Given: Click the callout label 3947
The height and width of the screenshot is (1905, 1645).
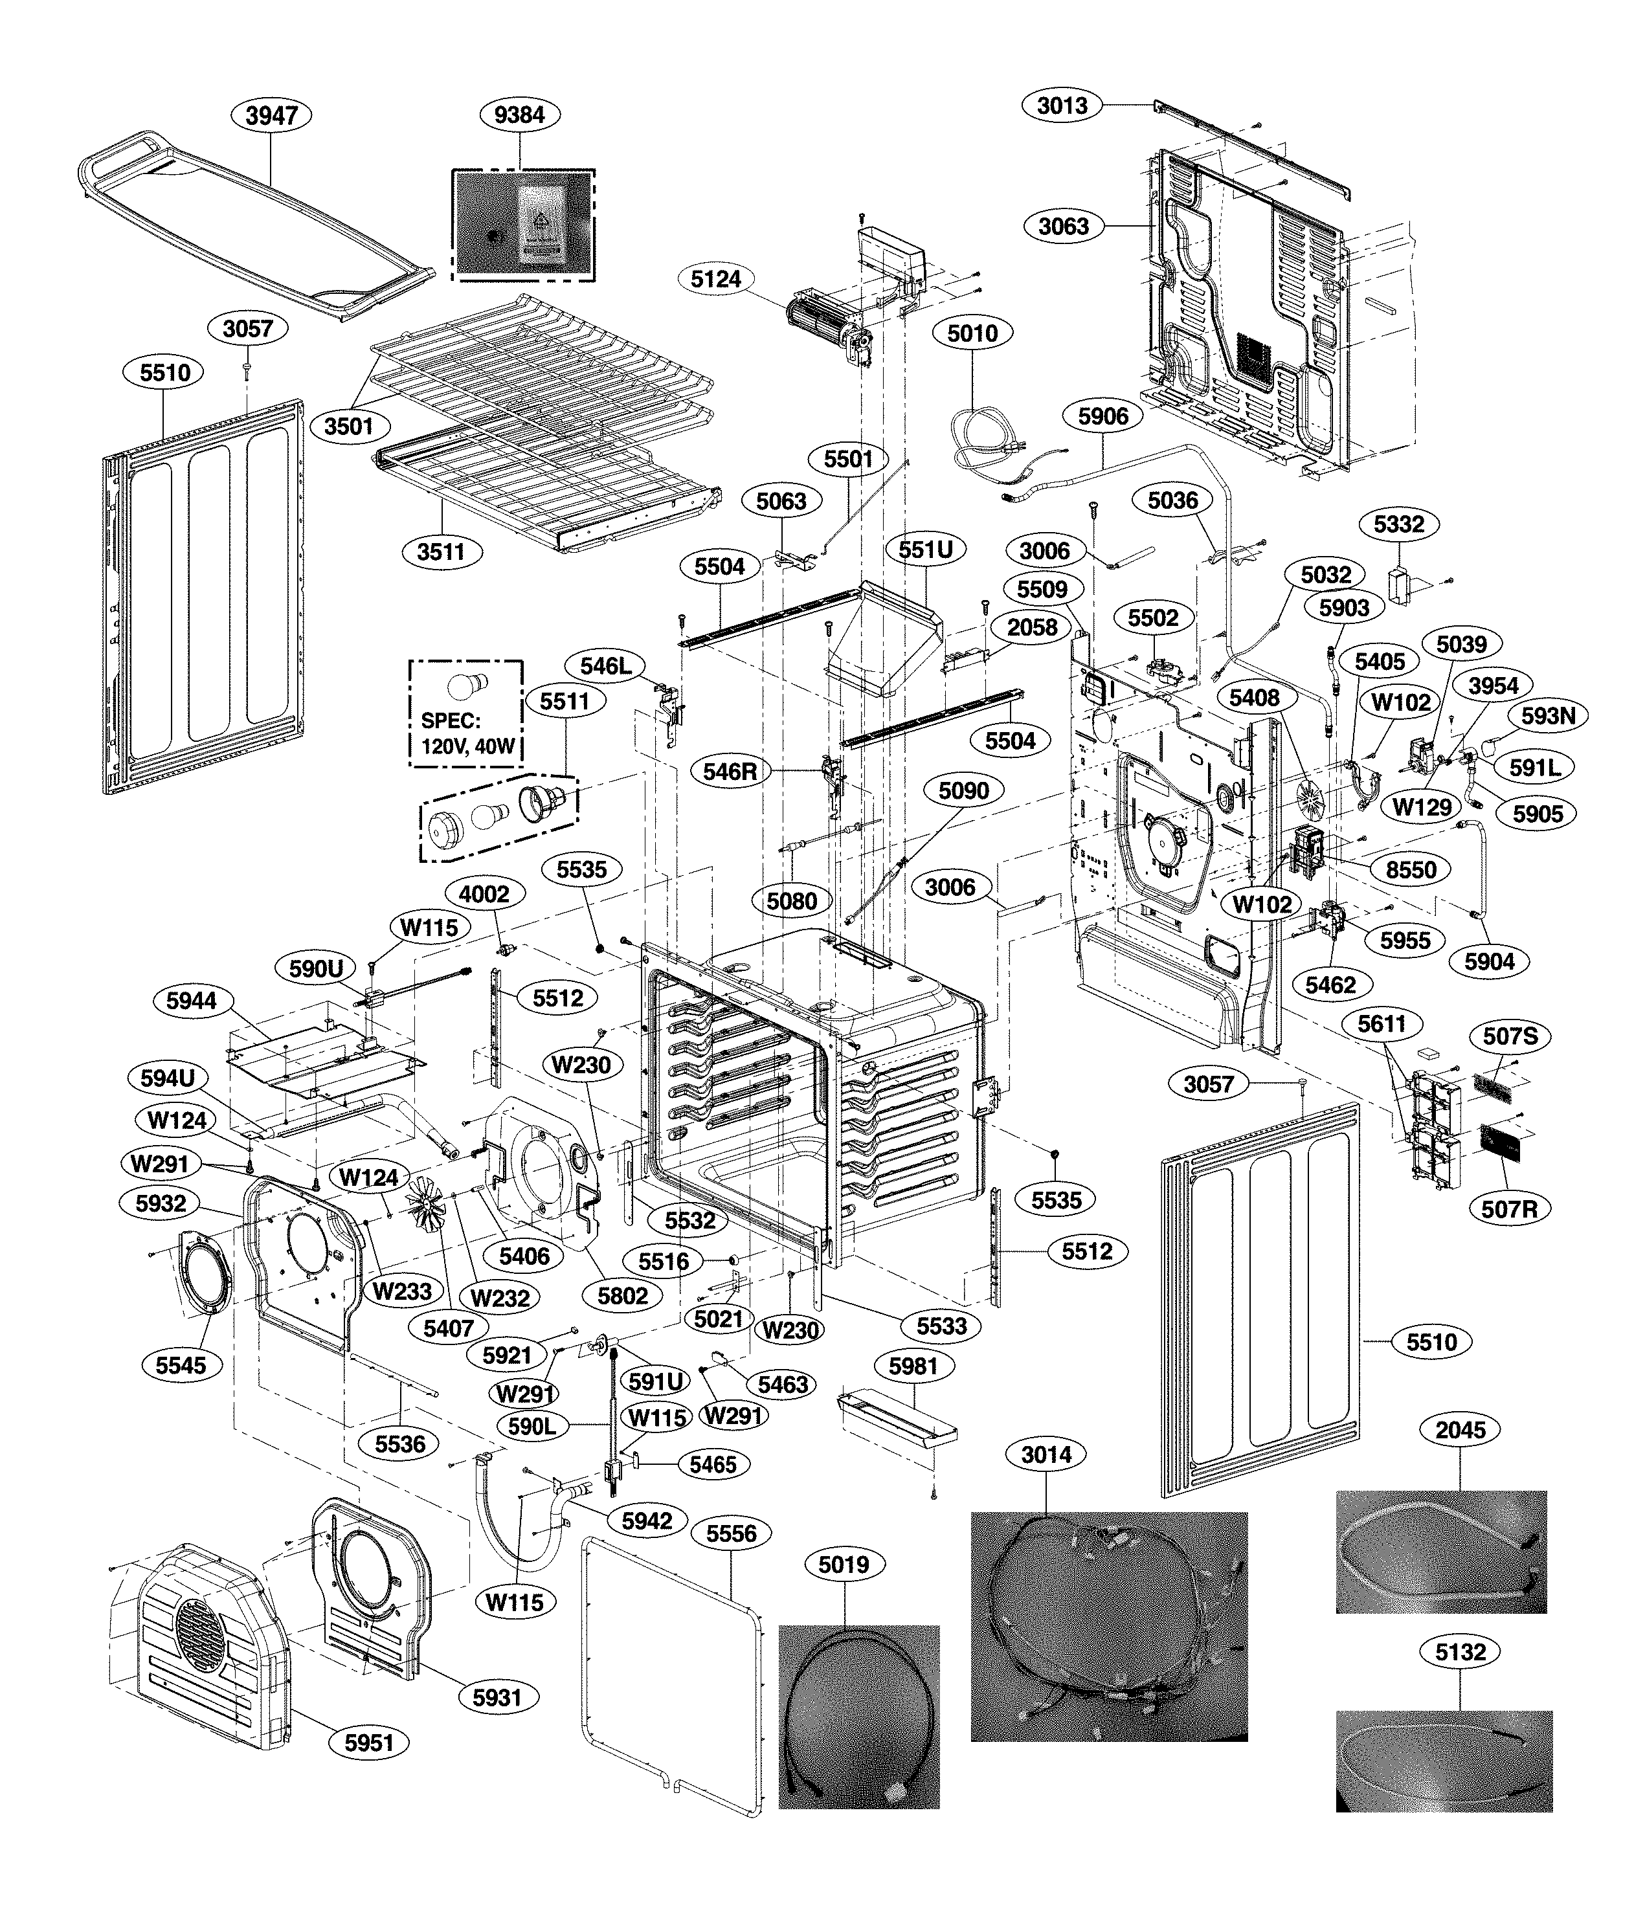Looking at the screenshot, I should click(272, 115).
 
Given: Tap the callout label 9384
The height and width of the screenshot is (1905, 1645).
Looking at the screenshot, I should click(519, 115).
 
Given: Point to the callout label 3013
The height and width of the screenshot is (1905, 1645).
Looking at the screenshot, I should click(1062, 106).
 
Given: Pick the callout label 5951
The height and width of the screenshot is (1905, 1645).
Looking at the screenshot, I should click(369, 1743).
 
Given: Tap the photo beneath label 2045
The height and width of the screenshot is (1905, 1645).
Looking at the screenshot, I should click(1441, 1552).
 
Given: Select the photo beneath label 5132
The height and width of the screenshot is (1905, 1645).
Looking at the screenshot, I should click(1444, 1760).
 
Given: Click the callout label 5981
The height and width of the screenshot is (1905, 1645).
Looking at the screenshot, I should click(912, 1366).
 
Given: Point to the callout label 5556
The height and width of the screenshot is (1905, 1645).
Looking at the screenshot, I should click(732, 1533).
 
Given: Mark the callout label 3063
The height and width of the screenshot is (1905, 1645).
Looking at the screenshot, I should click(1063, 226).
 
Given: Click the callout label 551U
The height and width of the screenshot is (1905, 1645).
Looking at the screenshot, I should click(925, 550).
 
